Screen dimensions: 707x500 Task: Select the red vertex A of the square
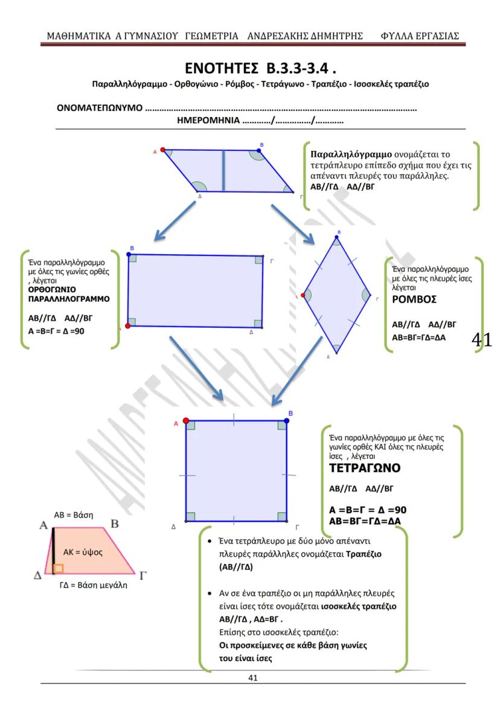tap(185, 420)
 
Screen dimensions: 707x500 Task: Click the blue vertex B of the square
tap(287, 420)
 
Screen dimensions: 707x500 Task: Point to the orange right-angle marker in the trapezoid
tap(58, 568)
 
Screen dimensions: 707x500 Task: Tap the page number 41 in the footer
tap(253, 677)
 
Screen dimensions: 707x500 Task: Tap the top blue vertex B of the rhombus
tap(338, 237)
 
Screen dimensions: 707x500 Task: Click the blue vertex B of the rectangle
tap(129, 255)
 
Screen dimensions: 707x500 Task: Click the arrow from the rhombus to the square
tap(296, 371)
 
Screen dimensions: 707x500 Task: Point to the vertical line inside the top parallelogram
tap(223, 171)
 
